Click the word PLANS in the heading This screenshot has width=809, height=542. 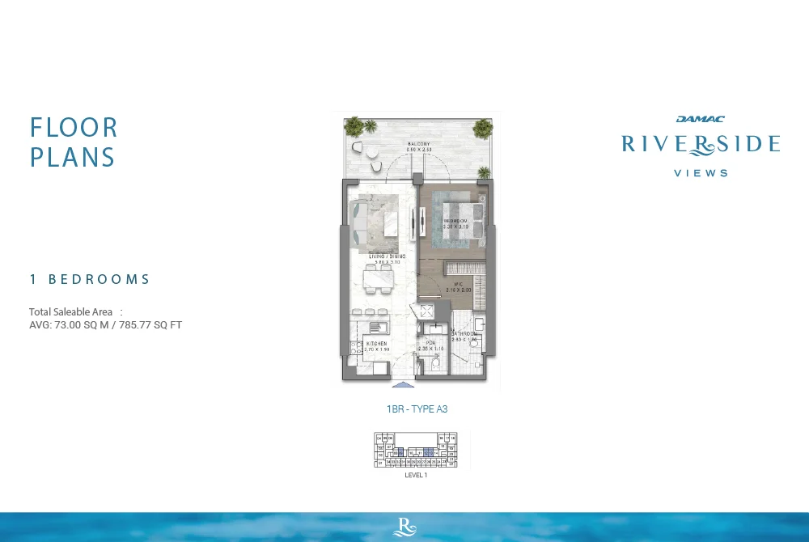[73, 156]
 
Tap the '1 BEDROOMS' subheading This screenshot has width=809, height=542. [90, 279]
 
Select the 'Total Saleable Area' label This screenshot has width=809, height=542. [70, 312]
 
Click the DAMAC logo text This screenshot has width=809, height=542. [701, 119]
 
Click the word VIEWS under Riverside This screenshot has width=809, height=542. [701, 172]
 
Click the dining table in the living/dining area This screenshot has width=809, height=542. [376, 280]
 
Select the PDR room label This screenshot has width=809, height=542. [431, 343]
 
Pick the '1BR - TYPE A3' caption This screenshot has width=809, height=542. [417, 409]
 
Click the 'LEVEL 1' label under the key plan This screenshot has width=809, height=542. [416, 475]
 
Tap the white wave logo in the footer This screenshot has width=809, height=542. [404, 527]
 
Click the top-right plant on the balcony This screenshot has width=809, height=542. [483, 127]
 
